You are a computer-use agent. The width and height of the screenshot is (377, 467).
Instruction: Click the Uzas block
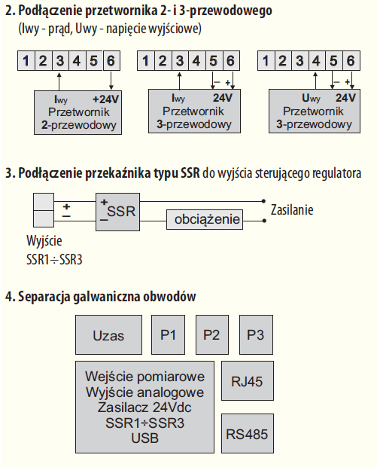pyautogui.click(x=108, y=334)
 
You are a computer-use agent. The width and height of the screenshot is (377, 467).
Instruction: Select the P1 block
pyautogui.click(x=168, y=334)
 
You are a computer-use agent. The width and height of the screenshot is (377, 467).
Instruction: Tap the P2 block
pyautogui.click(x=212, y=334)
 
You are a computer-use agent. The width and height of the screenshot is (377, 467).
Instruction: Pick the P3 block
pyautogui.click(x=256, y=334)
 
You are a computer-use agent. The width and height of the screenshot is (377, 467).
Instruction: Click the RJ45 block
pyautogui.click(x=248, y=381)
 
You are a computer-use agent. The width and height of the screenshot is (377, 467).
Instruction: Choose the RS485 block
pyautogui.click(x=248, y=433)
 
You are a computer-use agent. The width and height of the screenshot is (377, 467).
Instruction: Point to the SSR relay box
pyautogui.click(x=117, y=212)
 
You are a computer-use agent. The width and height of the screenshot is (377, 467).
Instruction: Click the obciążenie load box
pyautogui.click(x=205, y=219)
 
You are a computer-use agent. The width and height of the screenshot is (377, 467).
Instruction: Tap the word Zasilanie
pyautogui.click(x=292, y=210)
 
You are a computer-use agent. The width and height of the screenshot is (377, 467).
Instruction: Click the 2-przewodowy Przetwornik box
pyautogui.click(x=78, y=112)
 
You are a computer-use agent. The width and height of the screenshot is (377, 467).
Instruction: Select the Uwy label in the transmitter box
pyautogui.click(x=311, y=98)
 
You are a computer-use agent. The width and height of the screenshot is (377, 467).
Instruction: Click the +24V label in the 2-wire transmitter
pyautogui.click(x=105, y=99)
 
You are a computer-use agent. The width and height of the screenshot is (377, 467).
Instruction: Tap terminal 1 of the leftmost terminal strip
pyautogui.click(x=26, y=61)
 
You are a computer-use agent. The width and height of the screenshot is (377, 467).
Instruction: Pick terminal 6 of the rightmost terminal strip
pyautogui.click(x=351, y=61)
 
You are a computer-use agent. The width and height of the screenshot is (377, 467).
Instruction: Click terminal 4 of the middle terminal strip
pyautogui.click(x=196, y=61)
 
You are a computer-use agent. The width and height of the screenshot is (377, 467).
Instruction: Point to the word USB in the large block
pyautogui.click(x=145, y=438)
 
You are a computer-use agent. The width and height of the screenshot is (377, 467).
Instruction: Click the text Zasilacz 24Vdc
pyautogui.click(x=144, y=407)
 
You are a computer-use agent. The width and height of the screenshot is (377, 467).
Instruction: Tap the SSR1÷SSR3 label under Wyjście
pyautogui.click(x=54, y=260)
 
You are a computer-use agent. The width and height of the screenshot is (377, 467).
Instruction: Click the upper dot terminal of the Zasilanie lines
pyautogui.click(x=263, y=201)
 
